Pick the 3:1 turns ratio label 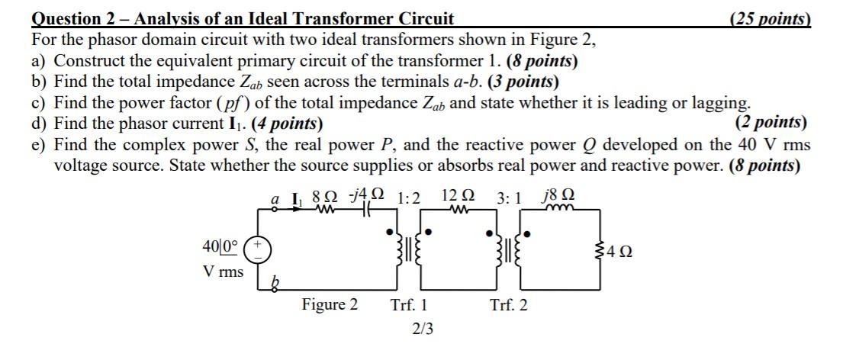click(510, 198)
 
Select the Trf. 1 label click(409, 306)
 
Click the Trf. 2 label click(508, 306)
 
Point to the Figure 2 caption click(330, 305)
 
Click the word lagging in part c click(720, 102)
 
